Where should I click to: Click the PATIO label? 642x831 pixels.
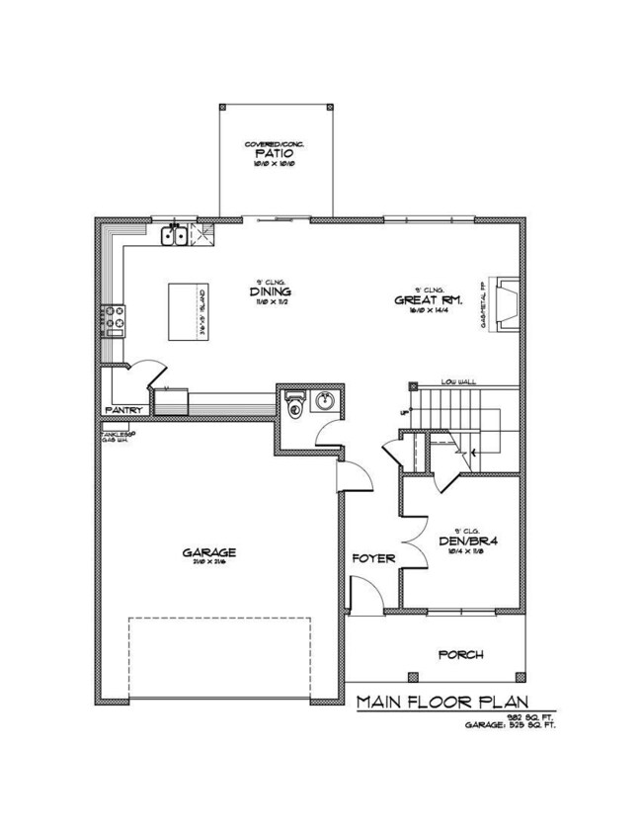coord(275,155)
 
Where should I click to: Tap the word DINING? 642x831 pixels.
coord(269,291)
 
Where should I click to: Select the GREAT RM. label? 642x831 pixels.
coord(423,299)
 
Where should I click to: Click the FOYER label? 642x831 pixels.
coord(374,558)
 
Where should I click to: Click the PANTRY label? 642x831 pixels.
coord(124,410)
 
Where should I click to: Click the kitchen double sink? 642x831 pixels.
coord(177,235)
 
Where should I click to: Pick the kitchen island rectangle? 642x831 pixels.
coord(187,311)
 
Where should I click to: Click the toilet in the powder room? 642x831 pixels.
coord(293,405)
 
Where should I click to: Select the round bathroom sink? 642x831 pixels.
coord(323,400)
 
